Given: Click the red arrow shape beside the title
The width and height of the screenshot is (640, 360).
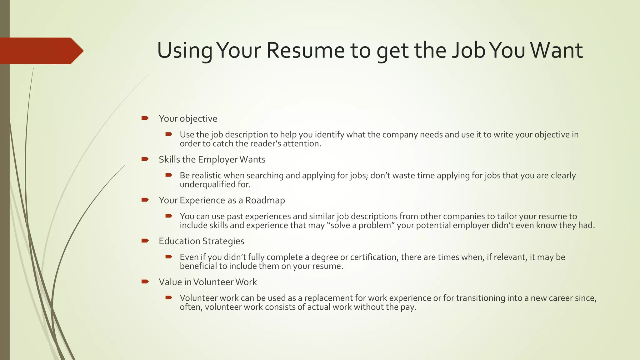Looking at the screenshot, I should tap(41, 51).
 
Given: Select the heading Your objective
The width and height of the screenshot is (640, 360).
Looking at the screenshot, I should tap(188, 119).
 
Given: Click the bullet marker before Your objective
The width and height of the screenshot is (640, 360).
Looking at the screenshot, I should tap(145, 118).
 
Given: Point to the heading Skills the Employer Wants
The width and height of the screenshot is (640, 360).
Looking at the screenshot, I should tap(212, 160).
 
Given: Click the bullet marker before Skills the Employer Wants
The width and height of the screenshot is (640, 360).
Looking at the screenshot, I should tap(145, 159).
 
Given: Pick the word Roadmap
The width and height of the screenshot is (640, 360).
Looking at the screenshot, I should tap(265, 200).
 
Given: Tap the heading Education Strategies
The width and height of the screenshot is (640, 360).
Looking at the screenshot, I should tap(201, 241).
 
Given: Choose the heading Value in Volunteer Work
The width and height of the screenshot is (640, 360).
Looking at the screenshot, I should tap(207, 282).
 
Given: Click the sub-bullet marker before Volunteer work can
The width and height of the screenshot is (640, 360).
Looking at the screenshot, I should tap(169, 297).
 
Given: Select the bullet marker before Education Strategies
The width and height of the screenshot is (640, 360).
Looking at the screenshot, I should tap(145, 241).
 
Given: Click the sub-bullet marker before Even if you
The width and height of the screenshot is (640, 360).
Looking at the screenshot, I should tap(169, 257).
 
